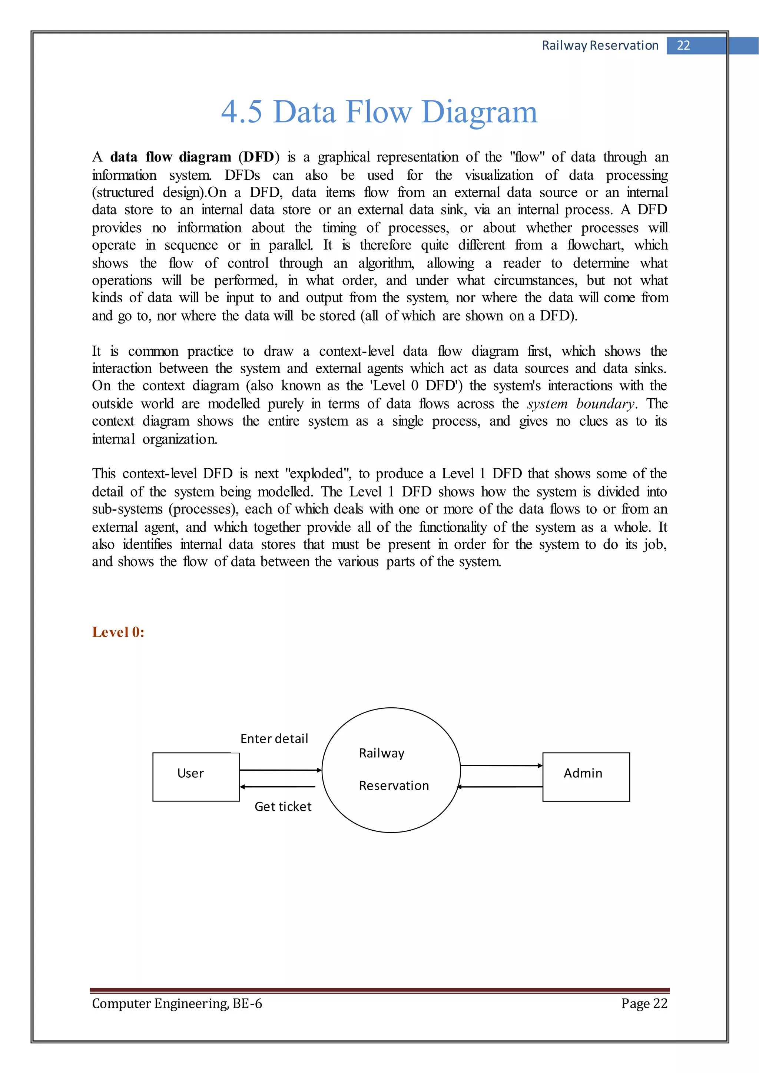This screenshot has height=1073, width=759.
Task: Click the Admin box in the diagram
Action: [x=586, y=777]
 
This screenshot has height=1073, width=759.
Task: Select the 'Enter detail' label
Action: [x=274, y=739]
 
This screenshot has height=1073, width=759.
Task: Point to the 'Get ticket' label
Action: [x=283, y=807]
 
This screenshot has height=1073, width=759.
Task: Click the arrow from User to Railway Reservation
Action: [x=281, y=770]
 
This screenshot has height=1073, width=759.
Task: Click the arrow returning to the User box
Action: [x=278, y=787]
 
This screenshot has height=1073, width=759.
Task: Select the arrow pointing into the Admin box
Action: [x=501, y=765]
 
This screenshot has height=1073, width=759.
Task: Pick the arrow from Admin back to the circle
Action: [x=500, y=787]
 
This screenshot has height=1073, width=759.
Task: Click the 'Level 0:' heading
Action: [x=118, y=632]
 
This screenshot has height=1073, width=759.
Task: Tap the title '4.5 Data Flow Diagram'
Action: [x=379, y=112]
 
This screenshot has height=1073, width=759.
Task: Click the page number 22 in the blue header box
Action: [x=683, y=45]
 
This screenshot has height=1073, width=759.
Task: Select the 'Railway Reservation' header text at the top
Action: [x=600, y=45]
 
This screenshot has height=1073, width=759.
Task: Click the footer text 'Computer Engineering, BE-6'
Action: [x=177, y=1003]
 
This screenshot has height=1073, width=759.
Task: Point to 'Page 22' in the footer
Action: [x=644, y=1003]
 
